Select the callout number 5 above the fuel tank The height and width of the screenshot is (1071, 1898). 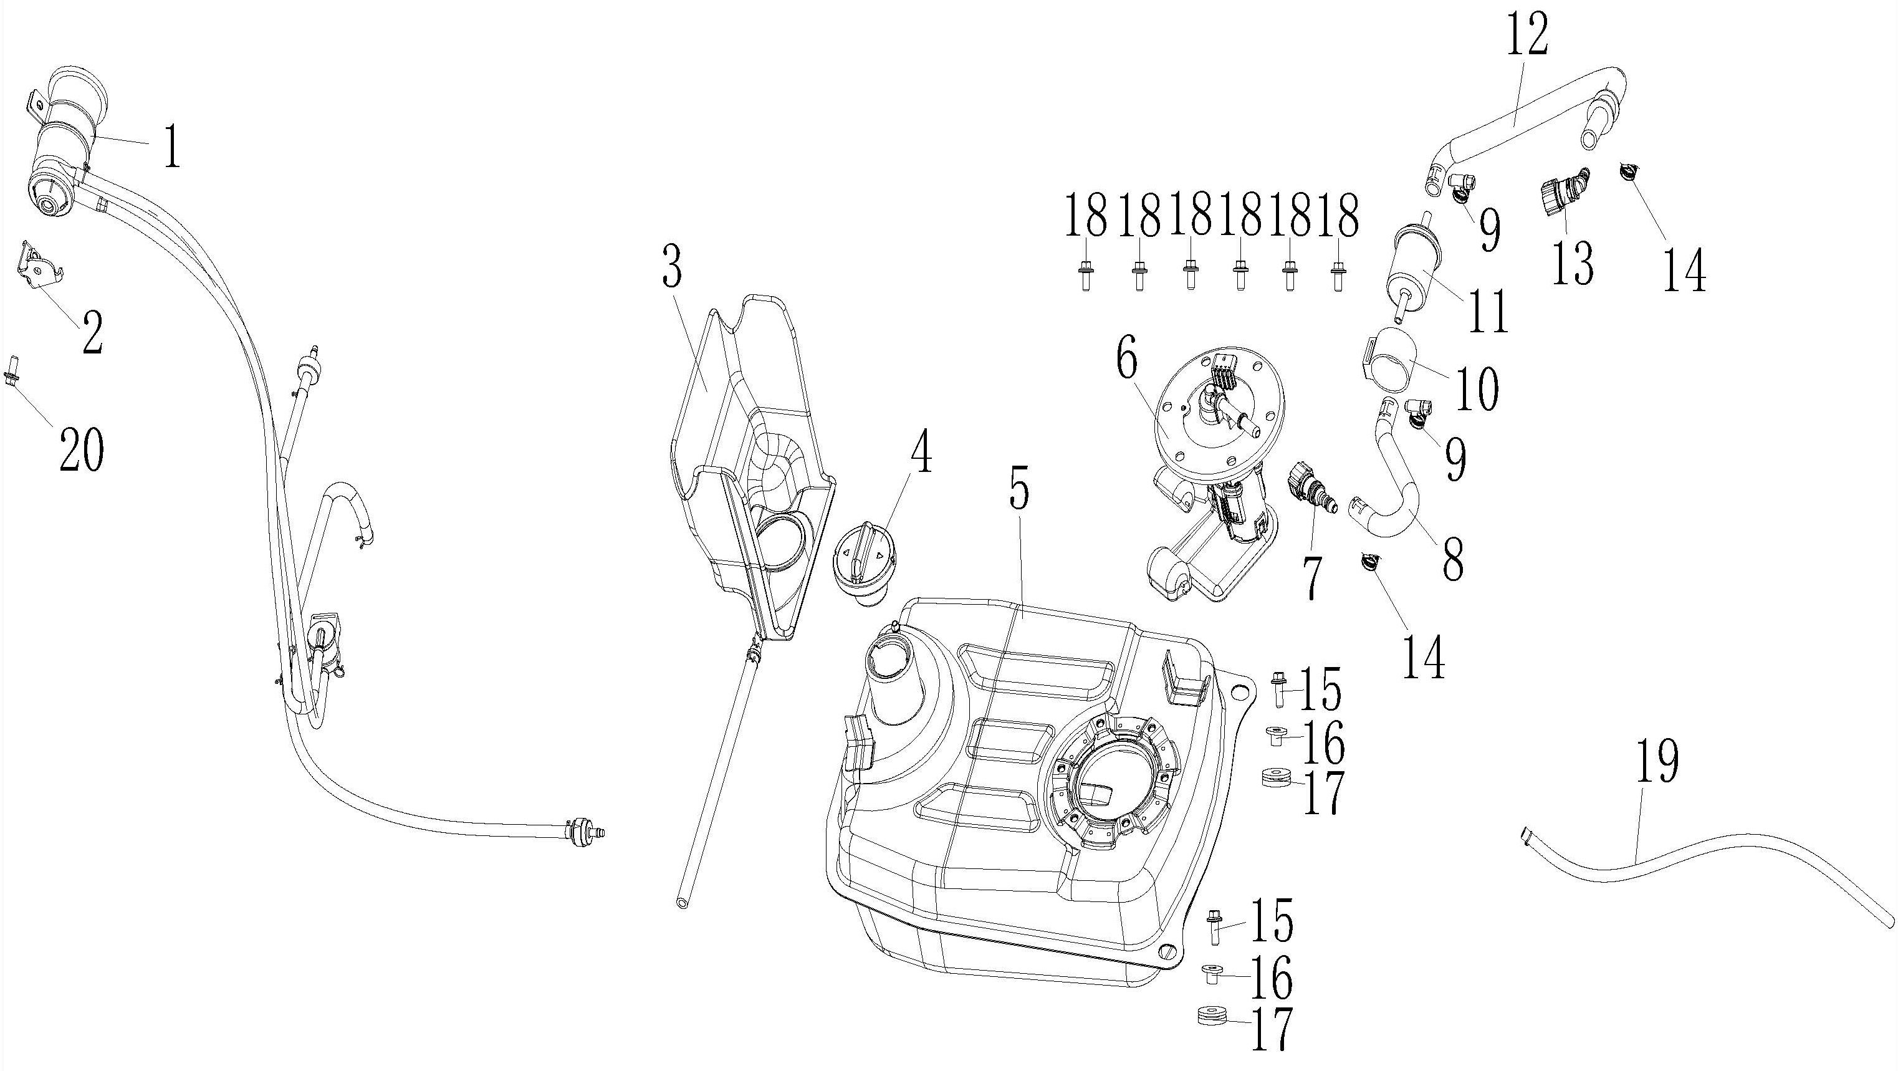click(x=1018, y=486)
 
